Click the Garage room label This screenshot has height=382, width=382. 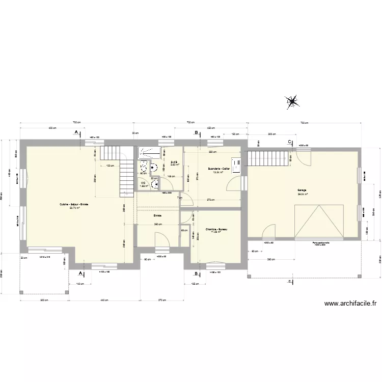point(303,190)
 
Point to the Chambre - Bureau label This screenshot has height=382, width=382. point(216,230)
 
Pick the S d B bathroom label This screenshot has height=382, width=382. point(174,162)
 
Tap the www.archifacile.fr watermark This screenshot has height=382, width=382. point(351,304)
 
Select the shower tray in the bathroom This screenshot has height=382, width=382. point(149,151)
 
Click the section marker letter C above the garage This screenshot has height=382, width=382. point(290,141)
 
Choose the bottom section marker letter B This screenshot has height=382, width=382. point(196,274)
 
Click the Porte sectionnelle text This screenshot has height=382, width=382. point(320,243)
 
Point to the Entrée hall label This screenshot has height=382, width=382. point(158,215)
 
